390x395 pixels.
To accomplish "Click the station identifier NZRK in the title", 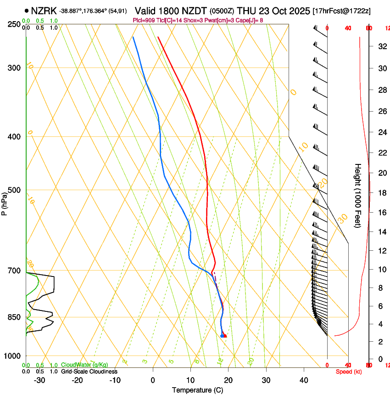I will pyautogui.click(x=44, y=11).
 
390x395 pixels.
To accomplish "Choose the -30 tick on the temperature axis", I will pyautogui.click(x=39, y=380).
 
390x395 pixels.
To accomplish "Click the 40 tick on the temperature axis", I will pyautogui.click(x=304, y=380).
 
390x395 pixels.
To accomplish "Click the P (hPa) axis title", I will pyautogui.click(x=5, y=203).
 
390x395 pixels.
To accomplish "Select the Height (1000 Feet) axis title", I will pyautogui.click(x=358, y=195).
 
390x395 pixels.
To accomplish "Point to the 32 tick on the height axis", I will pyautogui.click(x=381, y=46).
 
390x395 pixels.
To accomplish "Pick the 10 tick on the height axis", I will pyautogui.click(x=381, y=270).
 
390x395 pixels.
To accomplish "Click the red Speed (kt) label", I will pyautogui.click(x=348, y=371).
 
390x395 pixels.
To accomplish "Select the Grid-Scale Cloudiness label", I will pyautogui.click(x=89, y=371).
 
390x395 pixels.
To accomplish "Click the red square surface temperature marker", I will pyautogui.click(x=224, y=336).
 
